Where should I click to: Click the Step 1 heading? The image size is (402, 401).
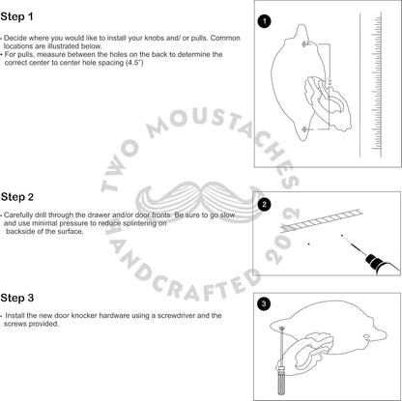[x=16, y=16]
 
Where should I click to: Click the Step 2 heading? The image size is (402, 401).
[x=17, y=197]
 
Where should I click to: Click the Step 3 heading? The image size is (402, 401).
[x=17, y=298]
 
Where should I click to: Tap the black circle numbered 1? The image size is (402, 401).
[x=265, y=21]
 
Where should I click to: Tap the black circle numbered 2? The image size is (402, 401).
[x=265, y=205]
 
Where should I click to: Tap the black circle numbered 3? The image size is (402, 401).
[x=264, y=303]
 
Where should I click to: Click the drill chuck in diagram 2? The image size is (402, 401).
[x=373, y=261]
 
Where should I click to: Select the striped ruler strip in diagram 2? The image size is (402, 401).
[x=321, y=220]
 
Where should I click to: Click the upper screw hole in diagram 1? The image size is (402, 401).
[x=304, y=43]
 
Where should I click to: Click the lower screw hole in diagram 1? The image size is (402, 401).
[x=304, y=129]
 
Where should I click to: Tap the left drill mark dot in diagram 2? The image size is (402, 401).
[x=309, y=244]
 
